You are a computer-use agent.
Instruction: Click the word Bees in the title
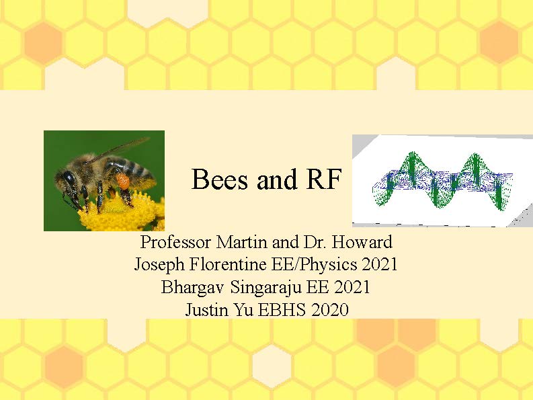coord(220,179)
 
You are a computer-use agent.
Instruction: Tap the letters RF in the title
coord(323,179)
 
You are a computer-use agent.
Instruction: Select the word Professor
coord(175,242)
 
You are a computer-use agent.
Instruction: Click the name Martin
coord(241,242)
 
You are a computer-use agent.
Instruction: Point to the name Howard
coord(362,242)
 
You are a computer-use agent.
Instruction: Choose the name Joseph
coord(159,265)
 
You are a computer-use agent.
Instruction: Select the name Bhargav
coord(192,287)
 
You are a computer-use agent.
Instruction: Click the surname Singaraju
coord(265,287)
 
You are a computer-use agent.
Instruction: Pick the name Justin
coord(206,309)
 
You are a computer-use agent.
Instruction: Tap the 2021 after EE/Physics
coord(379,264)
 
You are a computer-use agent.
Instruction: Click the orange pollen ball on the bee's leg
coord(123,181)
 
